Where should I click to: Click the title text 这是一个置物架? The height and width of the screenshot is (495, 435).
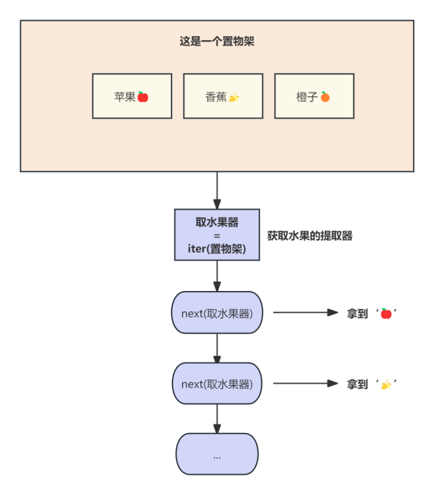click(217, 42)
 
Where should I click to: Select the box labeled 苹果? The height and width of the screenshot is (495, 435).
click(132, 96)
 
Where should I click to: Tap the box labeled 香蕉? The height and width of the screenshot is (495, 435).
click(223, 96)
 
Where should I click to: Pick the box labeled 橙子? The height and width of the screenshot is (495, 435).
click(314, 96)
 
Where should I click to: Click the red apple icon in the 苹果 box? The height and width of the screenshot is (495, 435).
click(143, 96)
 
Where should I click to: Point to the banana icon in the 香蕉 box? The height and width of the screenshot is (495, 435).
click(234, 97)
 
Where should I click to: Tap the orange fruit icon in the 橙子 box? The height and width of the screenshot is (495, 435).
click(325, 96)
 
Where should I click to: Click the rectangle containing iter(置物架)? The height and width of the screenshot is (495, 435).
click(217, 235)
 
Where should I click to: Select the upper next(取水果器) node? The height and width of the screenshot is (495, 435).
click(217, 313)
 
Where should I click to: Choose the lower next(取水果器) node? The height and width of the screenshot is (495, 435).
click(217, 384)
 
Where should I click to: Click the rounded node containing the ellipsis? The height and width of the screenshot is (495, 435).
click(217, 454)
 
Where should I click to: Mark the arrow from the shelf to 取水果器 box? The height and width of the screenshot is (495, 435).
click(217, 190)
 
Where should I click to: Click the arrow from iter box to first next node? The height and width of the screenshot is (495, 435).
click(217, 276)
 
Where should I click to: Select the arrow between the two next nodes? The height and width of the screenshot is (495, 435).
click(217, 348)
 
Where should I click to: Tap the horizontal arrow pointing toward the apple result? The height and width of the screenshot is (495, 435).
click(305, 312)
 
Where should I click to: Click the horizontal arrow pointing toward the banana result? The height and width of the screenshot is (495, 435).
click(305, 384)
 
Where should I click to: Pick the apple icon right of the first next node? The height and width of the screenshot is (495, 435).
click(386, 313)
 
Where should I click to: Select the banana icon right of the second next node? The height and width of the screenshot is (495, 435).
click(386, 384)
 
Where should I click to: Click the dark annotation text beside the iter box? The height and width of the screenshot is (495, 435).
click(309, 235)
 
